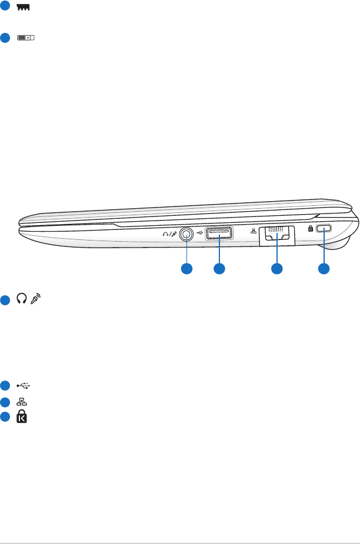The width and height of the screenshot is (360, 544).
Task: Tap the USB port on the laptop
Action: click(219, 235)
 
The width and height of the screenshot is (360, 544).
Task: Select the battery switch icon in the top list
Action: click(26, 38)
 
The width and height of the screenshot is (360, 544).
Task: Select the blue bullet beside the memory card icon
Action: click(5, 6)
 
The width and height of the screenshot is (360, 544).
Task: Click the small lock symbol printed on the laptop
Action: click(312, 231)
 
